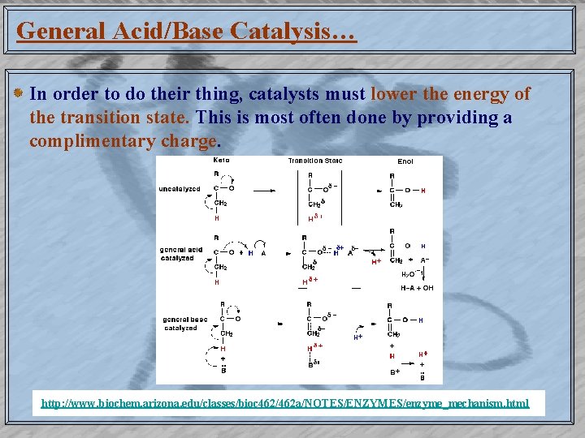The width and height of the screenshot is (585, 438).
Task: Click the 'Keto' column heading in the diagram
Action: click(221, 161)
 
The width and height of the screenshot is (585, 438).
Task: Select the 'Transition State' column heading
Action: click(315, 161)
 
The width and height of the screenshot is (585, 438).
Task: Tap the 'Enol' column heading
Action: click(405, 161)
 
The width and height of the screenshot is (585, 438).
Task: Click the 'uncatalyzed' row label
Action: click(180, 189)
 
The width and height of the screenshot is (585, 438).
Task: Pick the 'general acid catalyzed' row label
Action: click(181, 254)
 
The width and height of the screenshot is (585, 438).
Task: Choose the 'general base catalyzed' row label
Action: click(181, 324)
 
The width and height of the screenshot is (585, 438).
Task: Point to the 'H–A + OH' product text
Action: click(417, 287)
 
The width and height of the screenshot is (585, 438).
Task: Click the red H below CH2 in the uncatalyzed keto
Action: click(217, 217)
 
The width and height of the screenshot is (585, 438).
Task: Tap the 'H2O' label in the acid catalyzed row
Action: click(408, 274)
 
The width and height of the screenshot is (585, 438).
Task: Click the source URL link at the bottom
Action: click(285, 403)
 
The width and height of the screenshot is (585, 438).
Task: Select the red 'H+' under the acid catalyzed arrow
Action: click(376, 262)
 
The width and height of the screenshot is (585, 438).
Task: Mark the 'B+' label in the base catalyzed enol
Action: click(396, 372)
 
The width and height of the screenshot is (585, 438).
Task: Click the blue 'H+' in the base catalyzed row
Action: click(357, 337)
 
